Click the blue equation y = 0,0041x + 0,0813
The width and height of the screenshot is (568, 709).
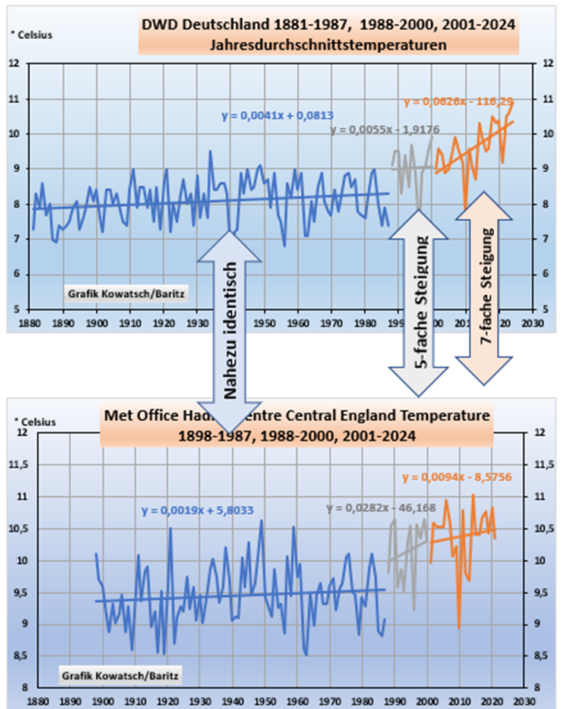pos(277,116)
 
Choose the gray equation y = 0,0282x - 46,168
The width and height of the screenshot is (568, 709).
pos(381,509)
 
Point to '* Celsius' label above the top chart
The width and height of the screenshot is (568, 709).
pos(32,35)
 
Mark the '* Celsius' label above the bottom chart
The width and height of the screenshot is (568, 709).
pos(36,423)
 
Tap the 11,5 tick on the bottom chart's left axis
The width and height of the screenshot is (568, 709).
pos(21,465)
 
